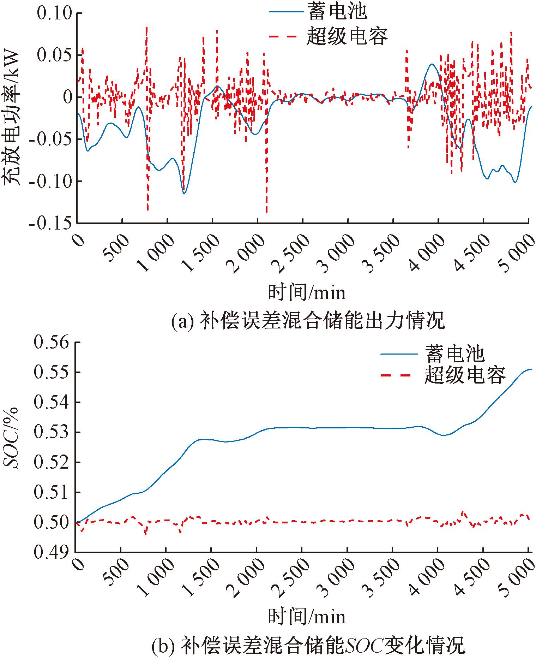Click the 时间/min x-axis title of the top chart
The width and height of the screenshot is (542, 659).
[307, 293]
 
